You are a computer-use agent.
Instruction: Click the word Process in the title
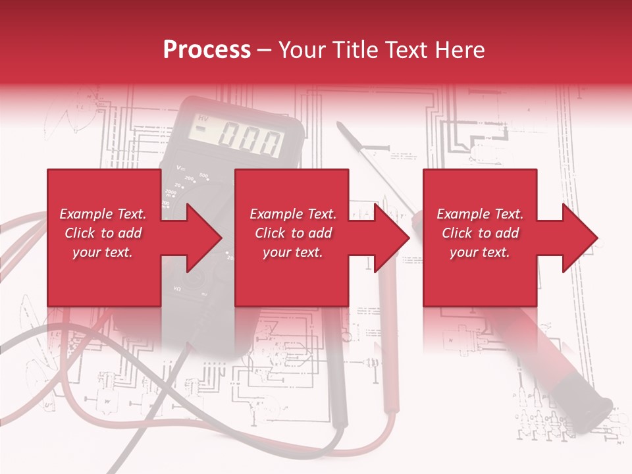point(207,50)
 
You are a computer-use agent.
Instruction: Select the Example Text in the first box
point(103,214)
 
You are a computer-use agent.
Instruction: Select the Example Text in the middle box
point(293,214)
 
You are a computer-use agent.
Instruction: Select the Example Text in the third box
point(480,214)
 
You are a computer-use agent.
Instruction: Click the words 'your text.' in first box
point(103,252)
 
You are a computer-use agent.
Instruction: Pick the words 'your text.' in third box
point(480,252)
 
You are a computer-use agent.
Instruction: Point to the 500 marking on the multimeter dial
point(203,176)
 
